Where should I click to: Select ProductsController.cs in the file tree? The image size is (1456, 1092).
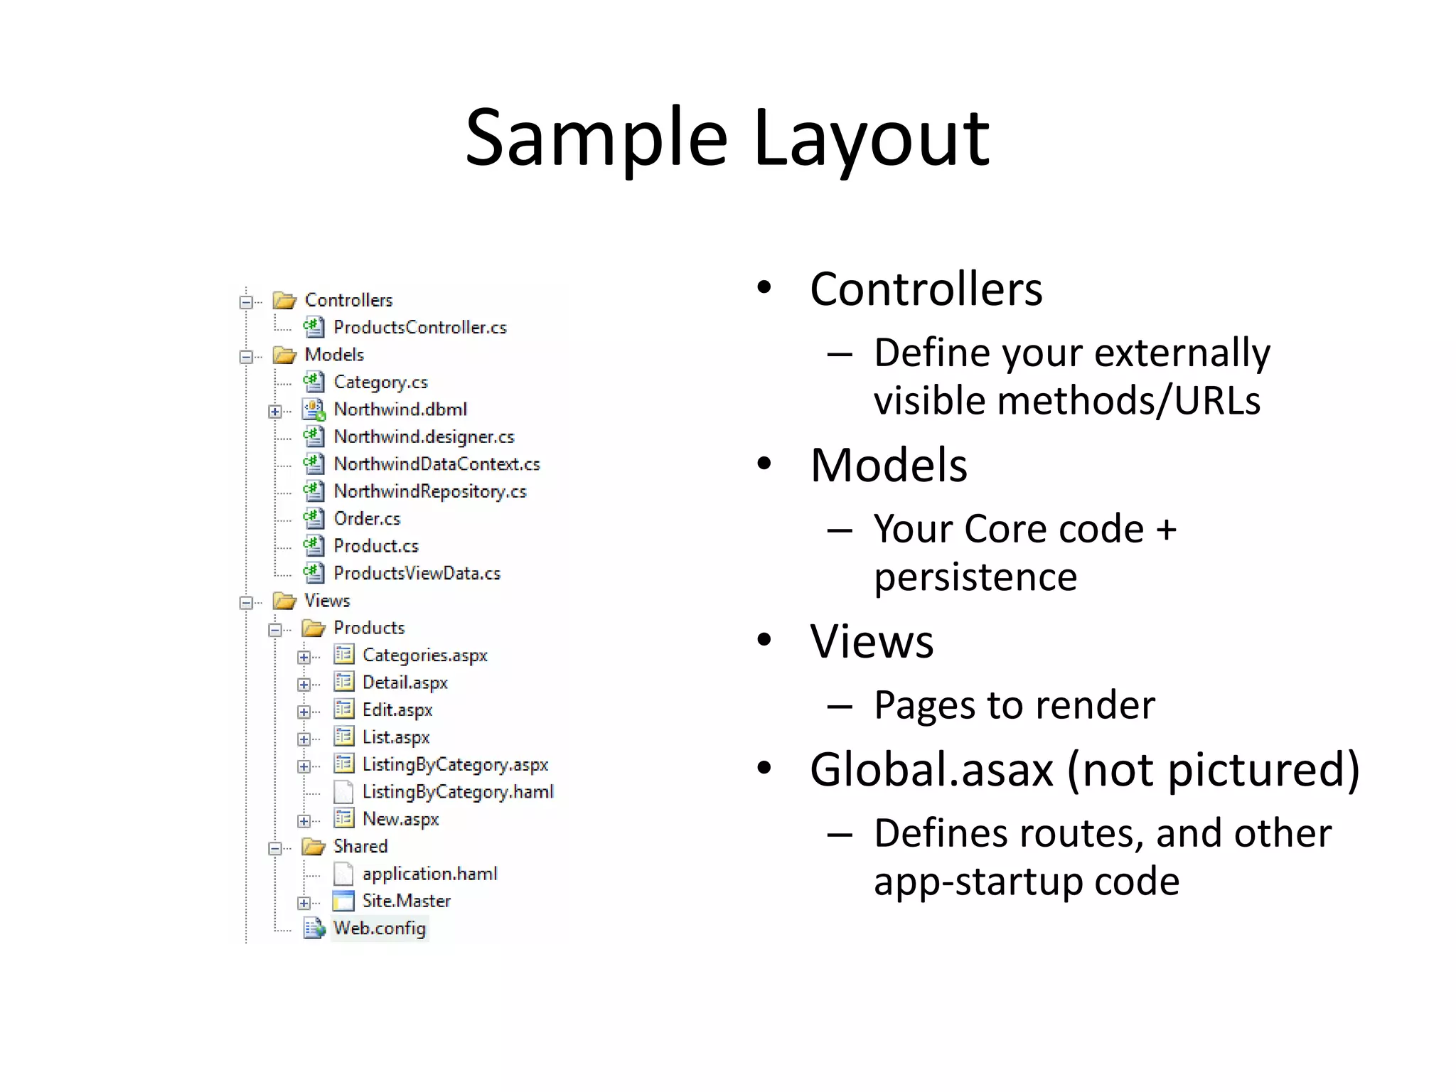(419, 328)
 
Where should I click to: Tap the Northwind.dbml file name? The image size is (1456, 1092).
(400, 409)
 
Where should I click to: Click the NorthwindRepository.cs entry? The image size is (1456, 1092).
(429, 491)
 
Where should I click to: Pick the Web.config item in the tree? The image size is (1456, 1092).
(380, 928)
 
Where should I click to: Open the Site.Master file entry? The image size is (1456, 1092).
(406, 901)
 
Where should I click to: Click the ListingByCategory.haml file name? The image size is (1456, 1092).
(457, 792)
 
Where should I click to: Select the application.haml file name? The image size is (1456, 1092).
(429, 874)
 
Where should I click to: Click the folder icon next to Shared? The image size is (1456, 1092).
(313, 846)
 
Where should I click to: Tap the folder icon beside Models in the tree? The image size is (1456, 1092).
(284, 355)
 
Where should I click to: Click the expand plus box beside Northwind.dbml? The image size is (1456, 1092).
(274, 411)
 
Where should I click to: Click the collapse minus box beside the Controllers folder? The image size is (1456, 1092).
(246, 302)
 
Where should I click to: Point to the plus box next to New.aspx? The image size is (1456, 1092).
(304, 821)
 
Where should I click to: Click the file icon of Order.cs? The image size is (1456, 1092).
(314, 518)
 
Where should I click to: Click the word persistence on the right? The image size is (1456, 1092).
(975, 577)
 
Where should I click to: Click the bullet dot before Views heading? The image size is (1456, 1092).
(764, 640)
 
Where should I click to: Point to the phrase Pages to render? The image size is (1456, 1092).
(1014, 705)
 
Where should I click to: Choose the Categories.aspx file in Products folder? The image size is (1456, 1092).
(424, 655)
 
